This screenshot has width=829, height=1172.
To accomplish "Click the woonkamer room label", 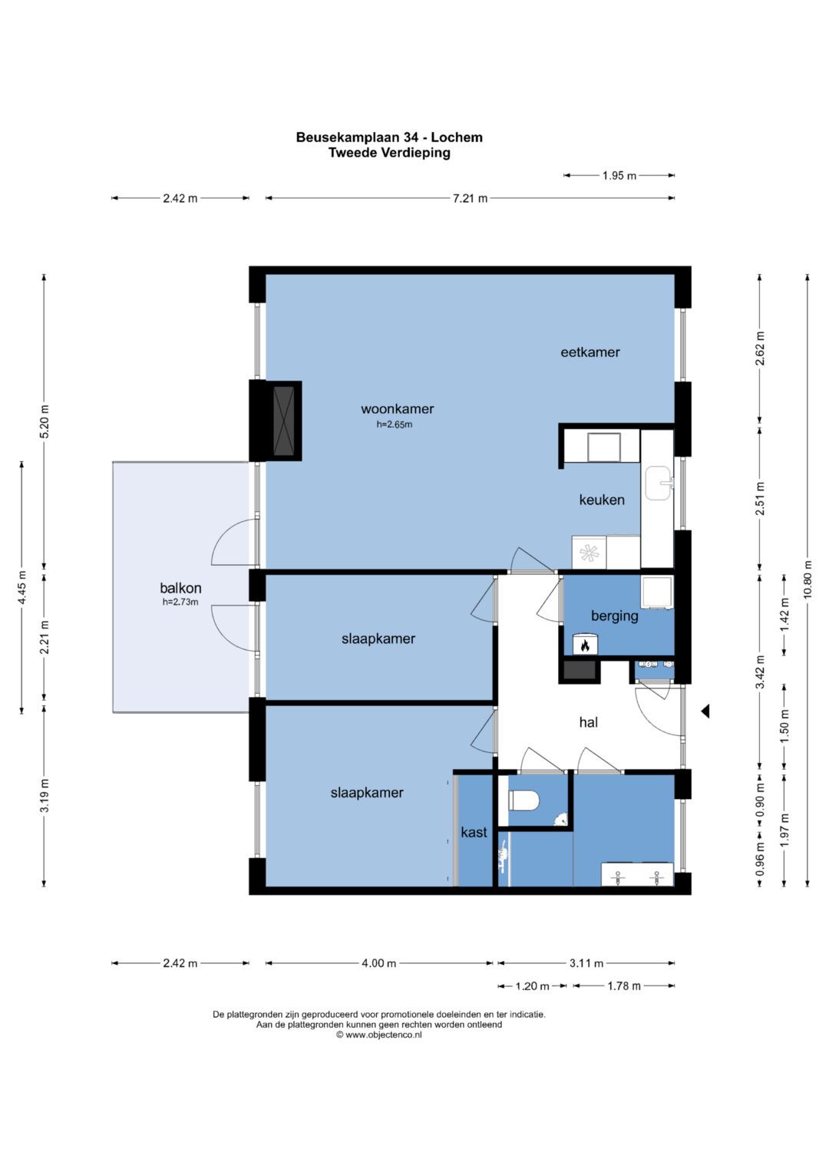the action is pyautogui.click(x=398, y=409).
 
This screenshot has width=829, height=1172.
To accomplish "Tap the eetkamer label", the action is pyautogui.click(x=590, y=352).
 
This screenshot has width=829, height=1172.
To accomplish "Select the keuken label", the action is pyautogui.click(x=601, y=500).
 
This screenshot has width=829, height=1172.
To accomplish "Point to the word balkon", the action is pyautogui.click(x=180, y=588).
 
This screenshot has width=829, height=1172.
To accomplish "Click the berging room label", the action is pyautogui.click(x=614, y=616).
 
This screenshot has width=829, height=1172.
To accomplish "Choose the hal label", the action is pyautogui.click(x=588, y=722).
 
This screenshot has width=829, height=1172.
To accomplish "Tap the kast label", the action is pyautogui.click(x=474, y=832).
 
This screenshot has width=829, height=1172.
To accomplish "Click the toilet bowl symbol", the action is pyautogui.click(x=523, y=800).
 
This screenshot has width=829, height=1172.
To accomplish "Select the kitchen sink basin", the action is pyautogui.click(x=659, y=482).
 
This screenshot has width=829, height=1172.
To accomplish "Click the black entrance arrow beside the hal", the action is pyautogui.click(x=705, y=711).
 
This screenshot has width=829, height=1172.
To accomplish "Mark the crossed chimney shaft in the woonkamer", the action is pyautogui.click(x=284, y=421).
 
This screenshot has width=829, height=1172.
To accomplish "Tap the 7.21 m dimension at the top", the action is pyautogui.click(x=470, y=198).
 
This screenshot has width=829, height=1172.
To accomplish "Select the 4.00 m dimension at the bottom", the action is pyautogui.click(x=379, y=962).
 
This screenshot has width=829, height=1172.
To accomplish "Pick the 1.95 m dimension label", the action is pyautogui.click(x=619, y=176).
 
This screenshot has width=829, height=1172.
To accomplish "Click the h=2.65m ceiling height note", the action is pyautogui.click(x=394, y=424).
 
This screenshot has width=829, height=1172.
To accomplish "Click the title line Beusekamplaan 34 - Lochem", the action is pyautogui.click(x=389, y=137).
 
